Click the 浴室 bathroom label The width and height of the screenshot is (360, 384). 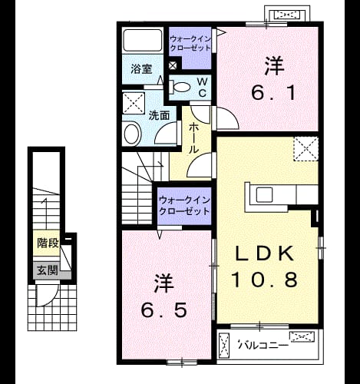(x=141, y=69)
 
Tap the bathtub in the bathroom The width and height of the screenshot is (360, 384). (x=143, y=40)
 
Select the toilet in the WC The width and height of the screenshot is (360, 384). (x=180, y=87)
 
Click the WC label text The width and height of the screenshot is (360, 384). (x=202, y=88)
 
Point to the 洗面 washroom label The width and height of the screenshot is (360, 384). (x=159, y=115)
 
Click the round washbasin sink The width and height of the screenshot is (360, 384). (x=133, y=134)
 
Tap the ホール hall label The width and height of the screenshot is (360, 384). (x=193, y=138)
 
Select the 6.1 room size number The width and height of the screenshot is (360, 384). (x=274, y=93)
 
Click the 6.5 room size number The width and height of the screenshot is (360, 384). (x=163, y=310)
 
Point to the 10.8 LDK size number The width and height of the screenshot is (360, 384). (x=265, y=280)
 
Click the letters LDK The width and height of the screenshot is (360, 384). (x=264, y=253)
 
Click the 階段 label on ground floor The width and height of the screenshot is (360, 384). (x=48, y=243)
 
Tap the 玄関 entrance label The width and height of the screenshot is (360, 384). (x=48, y=270)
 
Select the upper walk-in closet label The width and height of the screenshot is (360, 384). (x=190, y=44)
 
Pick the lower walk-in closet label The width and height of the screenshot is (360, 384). (x=184, y=207)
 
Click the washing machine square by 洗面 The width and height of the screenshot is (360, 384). (x=134, y=103)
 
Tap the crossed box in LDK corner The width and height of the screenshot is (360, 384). (x=306, y=149)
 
